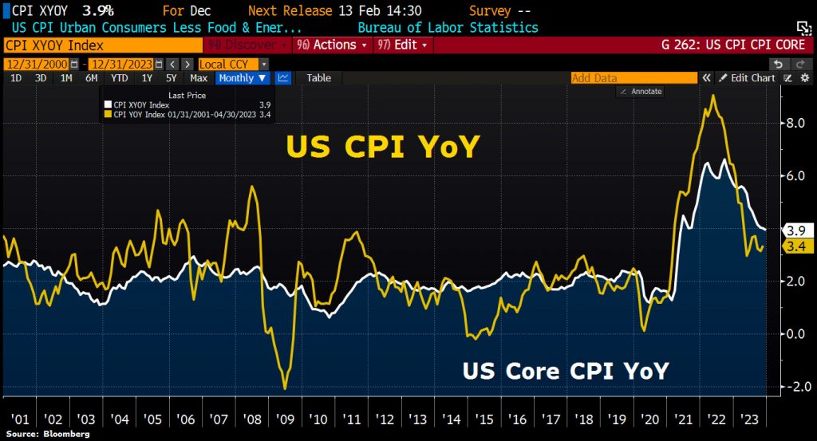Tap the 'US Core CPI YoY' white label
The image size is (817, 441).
click(x=566, y=372)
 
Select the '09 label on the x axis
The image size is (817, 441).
click(x=285, y=419)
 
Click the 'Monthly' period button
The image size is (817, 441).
click(x=242, y=78)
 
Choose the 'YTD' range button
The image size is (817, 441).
click(x=120, y=78)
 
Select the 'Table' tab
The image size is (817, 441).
click(x=318, y=78)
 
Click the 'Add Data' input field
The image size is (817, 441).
click(x=633, y=78)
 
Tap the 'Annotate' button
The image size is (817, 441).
click(x=641, y=92)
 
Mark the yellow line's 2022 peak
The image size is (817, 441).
click(x=712, y=96)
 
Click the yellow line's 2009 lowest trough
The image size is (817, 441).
click(x=286, y=388)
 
